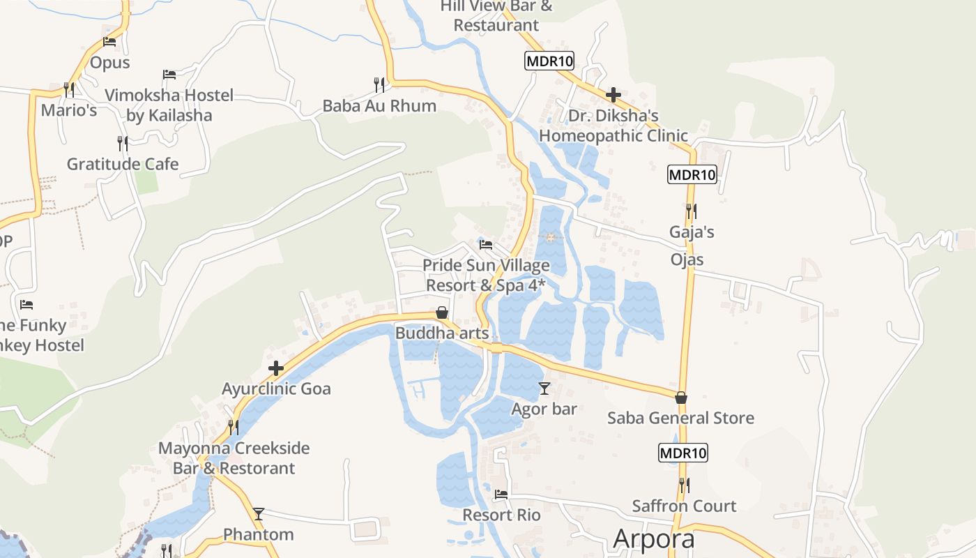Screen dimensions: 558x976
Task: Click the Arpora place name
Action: click(x=654, y=539)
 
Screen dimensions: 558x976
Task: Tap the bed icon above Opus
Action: click(x=109, y=42)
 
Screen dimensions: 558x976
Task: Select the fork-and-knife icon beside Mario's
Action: click(x=68, y=89)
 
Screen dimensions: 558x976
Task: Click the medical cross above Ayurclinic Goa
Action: click(x=276, y=368)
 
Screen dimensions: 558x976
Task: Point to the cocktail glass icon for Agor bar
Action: click(x=544, y=389)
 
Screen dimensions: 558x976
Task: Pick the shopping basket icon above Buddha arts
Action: click(x=441, y=312)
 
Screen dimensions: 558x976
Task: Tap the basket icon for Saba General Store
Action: click(x=681, y=398)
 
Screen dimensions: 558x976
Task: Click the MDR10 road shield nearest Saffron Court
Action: click(x=683, y=453)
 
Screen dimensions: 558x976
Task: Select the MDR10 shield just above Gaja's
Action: click(x=692, y=174)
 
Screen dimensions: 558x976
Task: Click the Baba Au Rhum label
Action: click(x=379, y=106)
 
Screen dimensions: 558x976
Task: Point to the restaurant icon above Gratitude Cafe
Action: click(x=123, y=144)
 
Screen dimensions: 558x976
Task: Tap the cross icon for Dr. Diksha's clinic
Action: click(x=613, y=95)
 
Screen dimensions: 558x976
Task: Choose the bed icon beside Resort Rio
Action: click(x=501, y=495)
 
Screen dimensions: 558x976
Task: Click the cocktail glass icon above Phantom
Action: click(x=259, y=514)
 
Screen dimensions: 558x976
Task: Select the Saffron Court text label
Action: click(x=684, y=506)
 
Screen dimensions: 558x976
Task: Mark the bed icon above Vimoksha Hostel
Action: click(x=169, y=75)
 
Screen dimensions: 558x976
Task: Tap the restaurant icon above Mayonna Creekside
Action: click(x=234, y=427)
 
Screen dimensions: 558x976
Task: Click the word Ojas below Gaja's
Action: click(x=687, y=259)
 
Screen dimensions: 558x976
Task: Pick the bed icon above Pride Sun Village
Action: click(x=486, y=245)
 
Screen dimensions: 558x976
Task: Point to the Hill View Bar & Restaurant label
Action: click(x=496, y=15)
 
